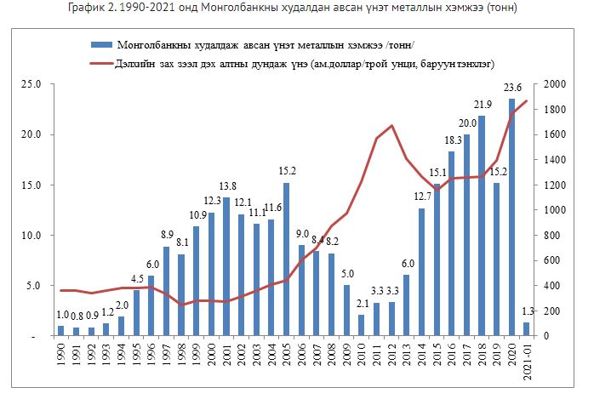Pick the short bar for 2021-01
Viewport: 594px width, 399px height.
coord(527,329)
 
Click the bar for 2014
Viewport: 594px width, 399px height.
coord(421,272)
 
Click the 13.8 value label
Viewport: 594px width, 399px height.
coord(227,186)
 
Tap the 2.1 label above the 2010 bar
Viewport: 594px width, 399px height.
coord(361,304)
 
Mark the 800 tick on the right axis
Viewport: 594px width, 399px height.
coord(548,236)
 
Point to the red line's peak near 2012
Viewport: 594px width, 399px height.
coord(391,126)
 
